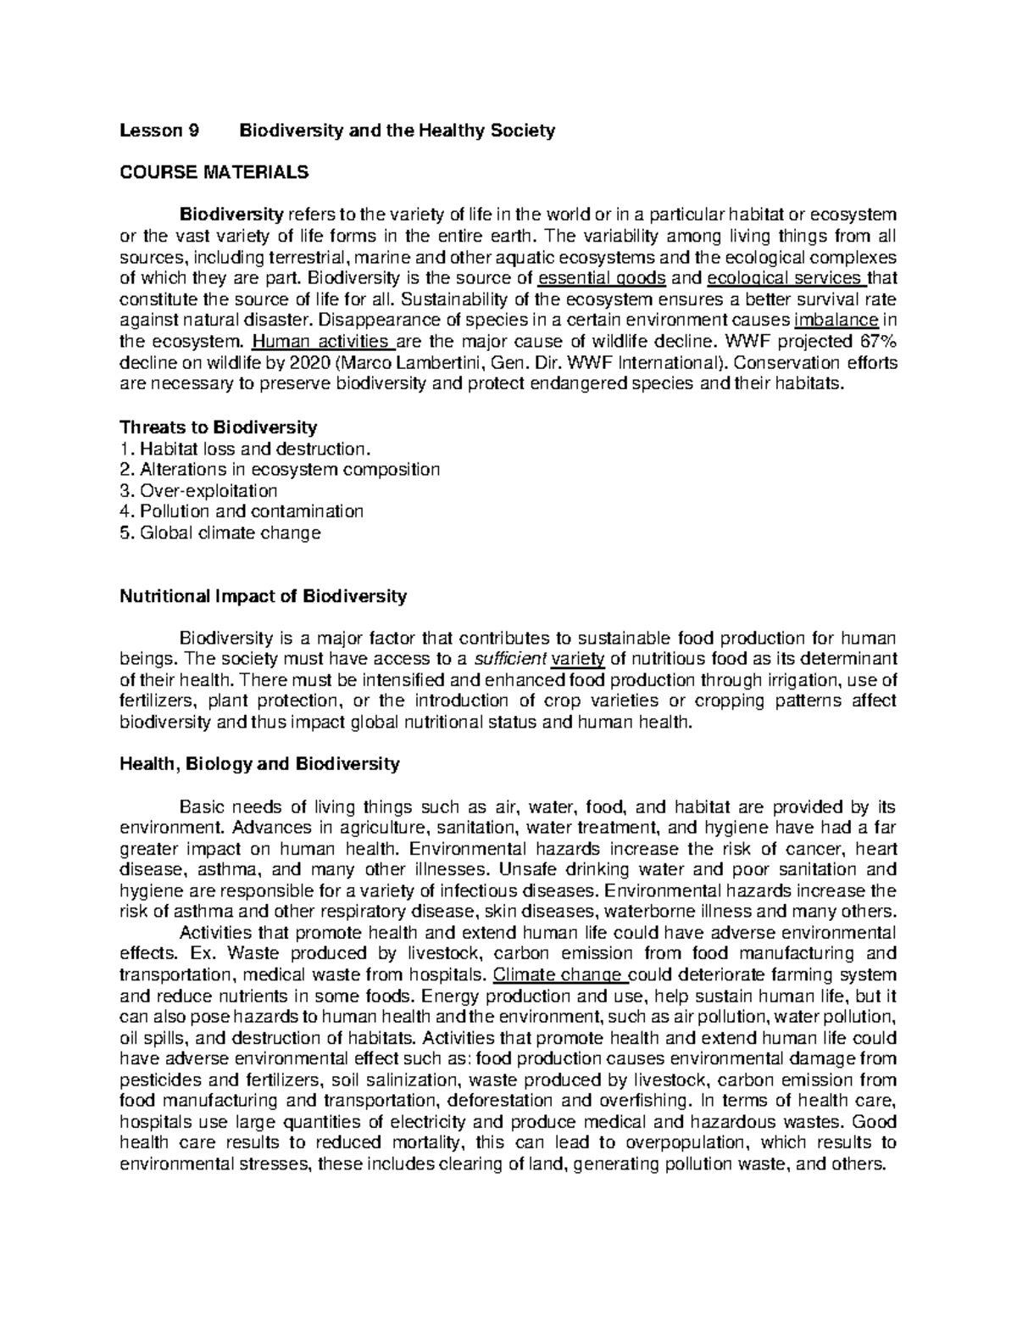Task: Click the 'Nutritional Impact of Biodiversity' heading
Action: [x=264, y=596]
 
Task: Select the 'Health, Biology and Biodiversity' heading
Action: [x=259, y=764]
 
